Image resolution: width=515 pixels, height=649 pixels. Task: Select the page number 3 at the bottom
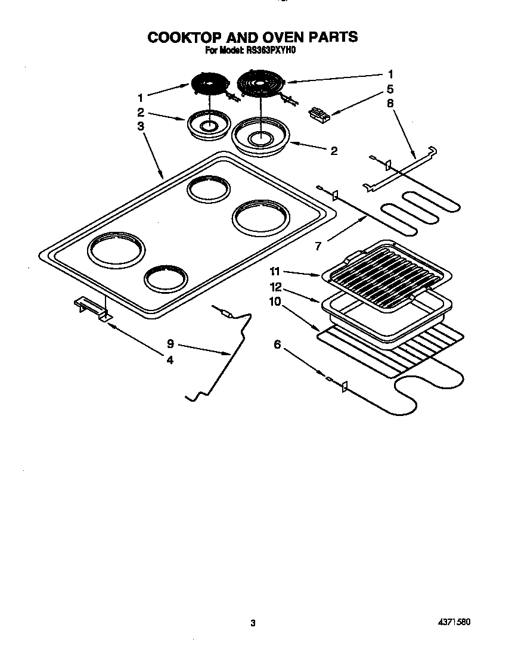(253, 623)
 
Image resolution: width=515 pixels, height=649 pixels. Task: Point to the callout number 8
(390, 103)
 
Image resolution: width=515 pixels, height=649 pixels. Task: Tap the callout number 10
(275, 302)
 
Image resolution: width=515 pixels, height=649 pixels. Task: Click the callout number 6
(277, 343)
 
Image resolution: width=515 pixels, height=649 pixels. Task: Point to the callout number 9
(170, 344)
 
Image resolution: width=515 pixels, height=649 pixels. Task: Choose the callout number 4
(170, 360)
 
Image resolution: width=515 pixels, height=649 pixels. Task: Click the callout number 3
(140, 126)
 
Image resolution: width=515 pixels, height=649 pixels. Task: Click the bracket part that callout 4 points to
(91, 307)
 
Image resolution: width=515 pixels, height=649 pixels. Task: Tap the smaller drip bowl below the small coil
(208, 125)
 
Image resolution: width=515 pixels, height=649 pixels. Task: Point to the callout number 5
(390, 89)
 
